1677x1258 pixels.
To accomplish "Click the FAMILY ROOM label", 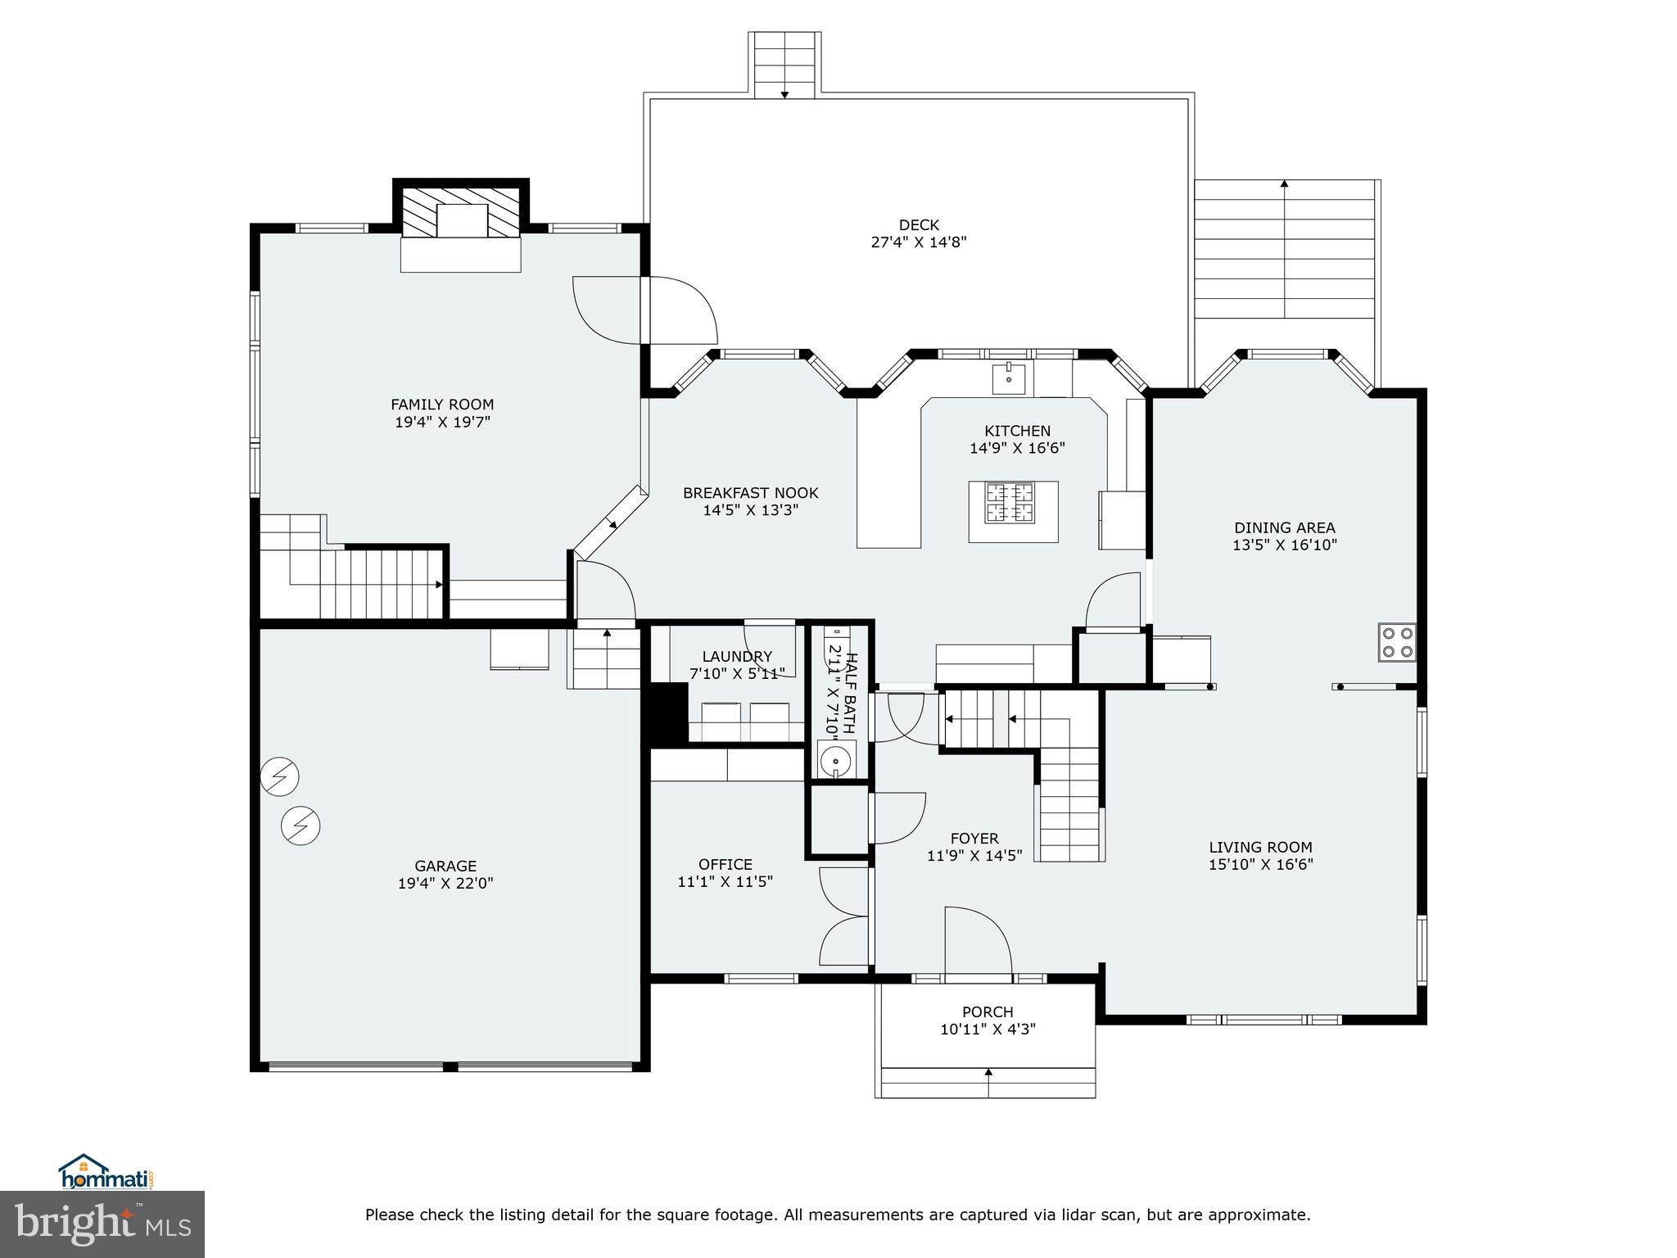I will [x=442, y=405].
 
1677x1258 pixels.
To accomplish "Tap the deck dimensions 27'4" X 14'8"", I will [x=919, y=242].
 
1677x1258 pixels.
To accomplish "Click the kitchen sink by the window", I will [x=1009, y=378].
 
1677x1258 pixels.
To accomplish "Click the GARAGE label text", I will [x=445, y=866].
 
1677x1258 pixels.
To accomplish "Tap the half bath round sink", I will [x=835, y=761].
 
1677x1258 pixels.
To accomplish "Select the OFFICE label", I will [x=725, y=865].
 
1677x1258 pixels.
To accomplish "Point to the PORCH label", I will [x=988, y=1011].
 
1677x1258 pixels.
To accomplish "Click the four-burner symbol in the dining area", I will [x=1397, y=642].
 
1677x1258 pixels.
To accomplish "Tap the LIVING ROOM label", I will [x=1260, y=848].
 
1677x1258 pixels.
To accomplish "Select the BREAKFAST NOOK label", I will [x=751, y=493].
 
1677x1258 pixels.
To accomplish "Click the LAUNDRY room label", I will [x=737, y=656].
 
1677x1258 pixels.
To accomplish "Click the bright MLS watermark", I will [x=102, y=1224].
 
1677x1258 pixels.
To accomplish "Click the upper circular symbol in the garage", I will [x=279, y=776].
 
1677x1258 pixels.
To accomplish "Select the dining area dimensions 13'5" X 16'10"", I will [x=1285, y=545].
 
